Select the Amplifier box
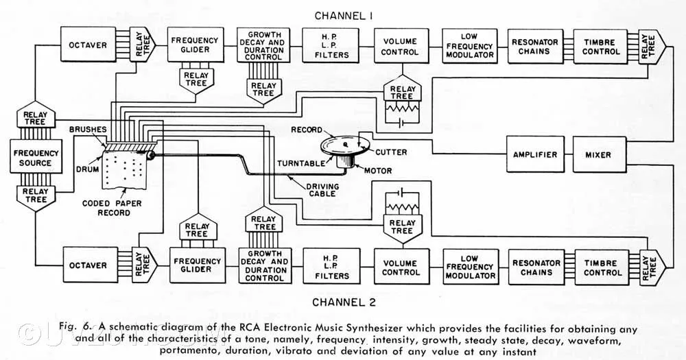click(534, 155)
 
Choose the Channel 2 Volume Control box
click(401, 267)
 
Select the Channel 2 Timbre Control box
click(602, 267)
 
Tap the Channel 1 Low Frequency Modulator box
click(469, 46)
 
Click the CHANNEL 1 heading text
click(343, 15)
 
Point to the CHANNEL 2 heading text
click(343, 301)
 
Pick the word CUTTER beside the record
click(391, 152)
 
